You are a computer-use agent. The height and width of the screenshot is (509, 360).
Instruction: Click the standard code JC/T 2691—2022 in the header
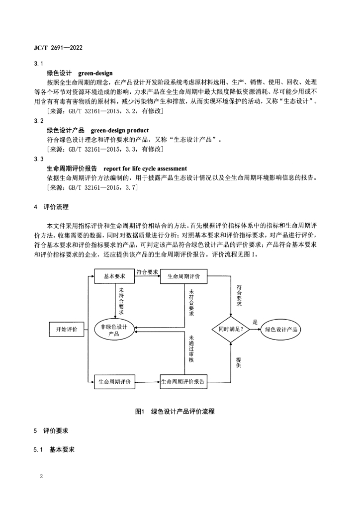58,48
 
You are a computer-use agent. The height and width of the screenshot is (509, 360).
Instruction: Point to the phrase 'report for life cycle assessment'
145,169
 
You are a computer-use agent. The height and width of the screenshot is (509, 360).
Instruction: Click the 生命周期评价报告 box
183,382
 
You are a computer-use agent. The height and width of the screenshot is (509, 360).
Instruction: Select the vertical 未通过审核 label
191,351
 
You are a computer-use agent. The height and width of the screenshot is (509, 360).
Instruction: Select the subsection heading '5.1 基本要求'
54,449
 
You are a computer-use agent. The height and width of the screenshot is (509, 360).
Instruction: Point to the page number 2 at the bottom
42,477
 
